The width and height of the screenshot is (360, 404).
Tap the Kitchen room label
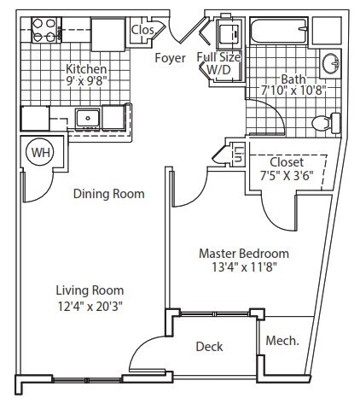click(87, 68)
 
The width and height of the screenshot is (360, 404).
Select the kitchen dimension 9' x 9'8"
click(88, 83)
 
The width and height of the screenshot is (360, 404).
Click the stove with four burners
click(44, 31)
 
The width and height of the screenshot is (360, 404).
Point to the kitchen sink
click(87, 118)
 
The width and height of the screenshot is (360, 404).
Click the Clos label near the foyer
click(142, 30)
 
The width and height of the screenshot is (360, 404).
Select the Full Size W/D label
click(218, 63)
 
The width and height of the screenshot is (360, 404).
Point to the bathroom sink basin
click(330, 64)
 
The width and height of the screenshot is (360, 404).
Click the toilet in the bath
click(322, 124)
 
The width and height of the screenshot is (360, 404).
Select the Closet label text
click(286, 162)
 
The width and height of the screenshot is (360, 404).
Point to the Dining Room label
click(108, 194)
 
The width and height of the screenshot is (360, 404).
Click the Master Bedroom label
click(243, 254)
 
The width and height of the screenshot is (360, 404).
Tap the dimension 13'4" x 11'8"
click(243, 268)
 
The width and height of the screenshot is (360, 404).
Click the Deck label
click(209, 346)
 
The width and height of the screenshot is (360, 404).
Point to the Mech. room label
click(282, 341)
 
